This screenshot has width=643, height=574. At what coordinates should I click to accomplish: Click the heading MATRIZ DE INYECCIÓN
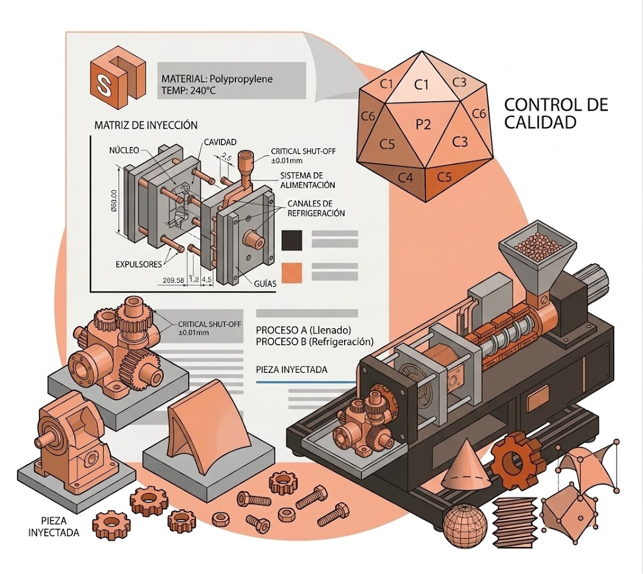[x=145, y=125]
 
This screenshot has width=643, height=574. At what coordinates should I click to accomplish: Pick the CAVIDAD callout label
[x=220, y=143]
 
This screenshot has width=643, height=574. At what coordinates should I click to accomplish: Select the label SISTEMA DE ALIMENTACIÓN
[x=308, y=179]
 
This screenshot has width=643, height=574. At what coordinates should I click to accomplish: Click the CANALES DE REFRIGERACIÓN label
[x=316, y=208]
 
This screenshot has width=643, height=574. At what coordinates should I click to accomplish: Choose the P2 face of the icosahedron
[x=424, y=124]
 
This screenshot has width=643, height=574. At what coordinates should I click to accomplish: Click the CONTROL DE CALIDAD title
[x=556, y=113]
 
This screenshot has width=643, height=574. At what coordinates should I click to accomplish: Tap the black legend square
[x=293, y=239]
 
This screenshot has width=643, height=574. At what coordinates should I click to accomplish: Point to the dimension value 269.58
[x=173, y=280]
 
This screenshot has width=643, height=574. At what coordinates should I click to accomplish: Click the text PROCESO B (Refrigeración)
[x=315, y=341]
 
